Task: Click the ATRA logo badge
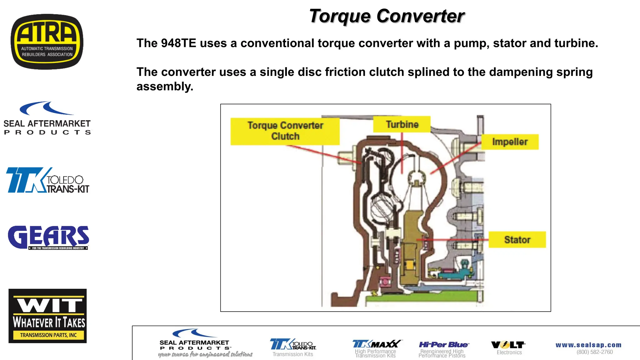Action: coord(47,42)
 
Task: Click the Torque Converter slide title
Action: coord(387,16)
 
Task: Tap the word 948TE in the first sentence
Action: coord(178,43)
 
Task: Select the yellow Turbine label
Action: coord(402,124)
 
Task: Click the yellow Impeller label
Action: coord(510,142)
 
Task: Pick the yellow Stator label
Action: coord(517,240)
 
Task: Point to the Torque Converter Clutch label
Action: coord(285,131)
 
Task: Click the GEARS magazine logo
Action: coord(48,237)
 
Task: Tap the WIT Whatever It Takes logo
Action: coord(47,316)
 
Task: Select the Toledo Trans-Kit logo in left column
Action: coord(47,180)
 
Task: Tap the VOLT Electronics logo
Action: coord(508,345)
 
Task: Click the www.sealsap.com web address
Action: coord(588,345)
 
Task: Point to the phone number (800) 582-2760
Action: coord(594,352)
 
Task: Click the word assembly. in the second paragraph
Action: coord(165,87)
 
